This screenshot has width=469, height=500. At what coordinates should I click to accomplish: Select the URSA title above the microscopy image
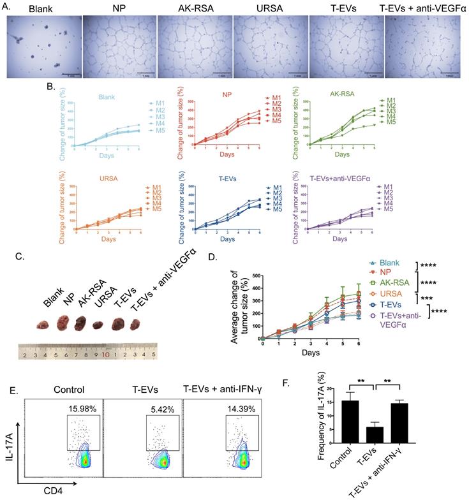(267, 8)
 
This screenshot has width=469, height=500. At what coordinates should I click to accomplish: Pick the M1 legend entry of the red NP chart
(270, 99)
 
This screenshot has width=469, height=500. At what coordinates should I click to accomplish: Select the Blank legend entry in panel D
(390, 263)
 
